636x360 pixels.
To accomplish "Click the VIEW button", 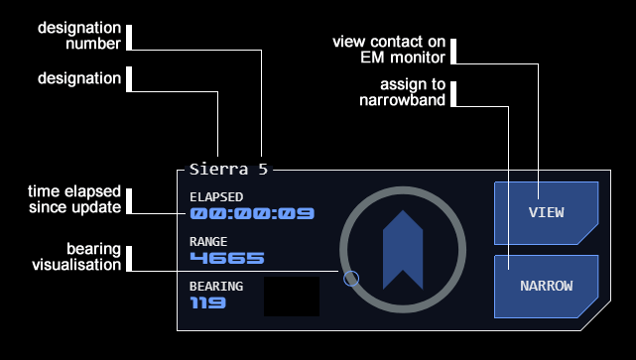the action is (x=546, y=213).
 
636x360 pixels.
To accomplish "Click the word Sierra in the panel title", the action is (x=218, y=169).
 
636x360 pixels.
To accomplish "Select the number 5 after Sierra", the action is (x=263, y=169).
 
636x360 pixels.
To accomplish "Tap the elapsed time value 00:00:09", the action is (x=252, y=213).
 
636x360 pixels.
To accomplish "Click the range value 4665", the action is (x=227, y=258).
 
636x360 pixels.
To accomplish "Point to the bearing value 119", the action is (x=207, y=302).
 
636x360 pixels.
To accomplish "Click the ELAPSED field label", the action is (x=216, y=197).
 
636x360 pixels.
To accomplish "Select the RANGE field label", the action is (x=208, y=242).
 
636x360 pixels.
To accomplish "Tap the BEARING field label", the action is (x=216, y=287).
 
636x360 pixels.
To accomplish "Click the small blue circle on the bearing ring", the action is (x=351, y=279).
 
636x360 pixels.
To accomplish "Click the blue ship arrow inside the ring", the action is (x=403, y=250).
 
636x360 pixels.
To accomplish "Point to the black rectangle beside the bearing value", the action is (x=292, y=297).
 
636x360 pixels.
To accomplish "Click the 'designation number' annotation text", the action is (x=79, y=36).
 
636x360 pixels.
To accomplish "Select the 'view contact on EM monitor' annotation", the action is (x=389, y=50).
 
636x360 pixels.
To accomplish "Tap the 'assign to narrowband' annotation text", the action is (x=403, y=92).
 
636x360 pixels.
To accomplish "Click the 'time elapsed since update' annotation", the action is (x=74, y=199).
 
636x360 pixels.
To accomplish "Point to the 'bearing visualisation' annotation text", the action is (x=76, y=257).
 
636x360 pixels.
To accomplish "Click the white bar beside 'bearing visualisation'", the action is (x=129, y=258).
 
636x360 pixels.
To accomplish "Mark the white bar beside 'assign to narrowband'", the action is (x=453, y=94).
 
